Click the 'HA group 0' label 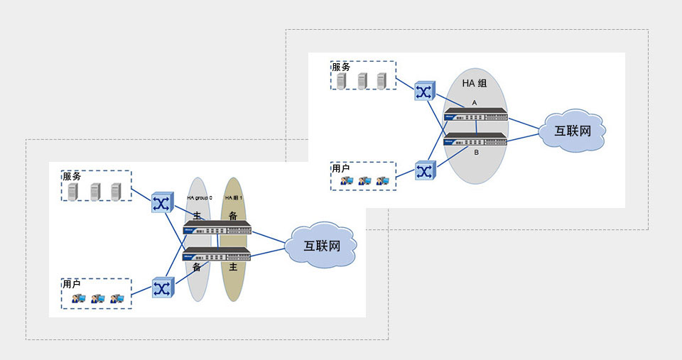click(200, 197)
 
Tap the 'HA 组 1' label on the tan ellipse click(234, 197)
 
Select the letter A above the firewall click(475, 103)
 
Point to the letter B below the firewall click(476, 151)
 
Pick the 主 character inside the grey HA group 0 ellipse click(197, 215)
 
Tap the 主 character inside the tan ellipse click(233, 267)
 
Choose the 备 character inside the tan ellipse click(233, 215)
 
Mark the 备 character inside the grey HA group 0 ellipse click(197, 267)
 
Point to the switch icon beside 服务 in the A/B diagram click(424, 92)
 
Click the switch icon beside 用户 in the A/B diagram click(424, 171)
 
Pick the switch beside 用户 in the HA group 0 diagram click(162, 288)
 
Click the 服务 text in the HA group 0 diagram click(72, 176)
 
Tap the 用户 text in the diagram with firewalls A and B click(341, 169)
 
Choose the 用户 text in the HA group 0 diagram click(71, 284)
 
